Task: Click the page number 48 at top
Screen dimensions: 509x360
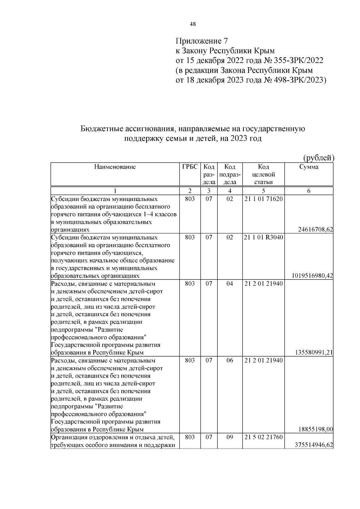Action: tap(193, 25)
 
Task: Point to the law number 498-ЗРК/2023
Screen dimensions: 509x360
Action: tap(300, 80)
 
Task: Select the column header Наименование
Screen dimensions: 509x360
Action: tap(115, 167)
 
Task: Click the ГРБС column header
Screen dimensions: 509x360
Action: tap(190, 167)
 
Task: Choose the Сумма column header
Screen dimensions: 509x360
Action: tap(309, 167)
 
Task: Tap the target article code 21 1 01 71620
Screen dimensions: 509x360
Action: tap(263, 199)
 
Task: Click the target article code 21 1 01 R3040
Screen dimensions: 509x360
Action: tap(263, 238)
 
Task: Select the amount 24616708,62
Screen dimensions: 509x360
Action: tap(316, 230)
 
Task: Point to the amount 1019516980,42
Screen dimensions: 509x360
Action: tap(312, 276)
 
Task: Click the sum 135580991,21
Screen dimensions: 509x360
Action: tap(314, 352)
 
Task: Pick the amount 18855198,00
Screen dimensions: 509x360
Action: tap(316, 429)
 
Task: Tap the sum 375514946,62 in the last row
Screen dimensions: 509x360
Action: tap(314, 445)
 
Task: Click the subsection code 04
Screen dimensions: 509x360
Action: tap(229, 284)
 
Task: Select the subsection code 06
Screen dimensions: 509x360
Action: tap(229, 361)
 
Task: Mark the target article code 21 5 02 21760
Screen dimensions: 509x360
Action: tap(263, 437)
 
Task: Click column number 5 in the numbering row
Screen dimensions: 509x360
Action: tap(263, 191)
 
